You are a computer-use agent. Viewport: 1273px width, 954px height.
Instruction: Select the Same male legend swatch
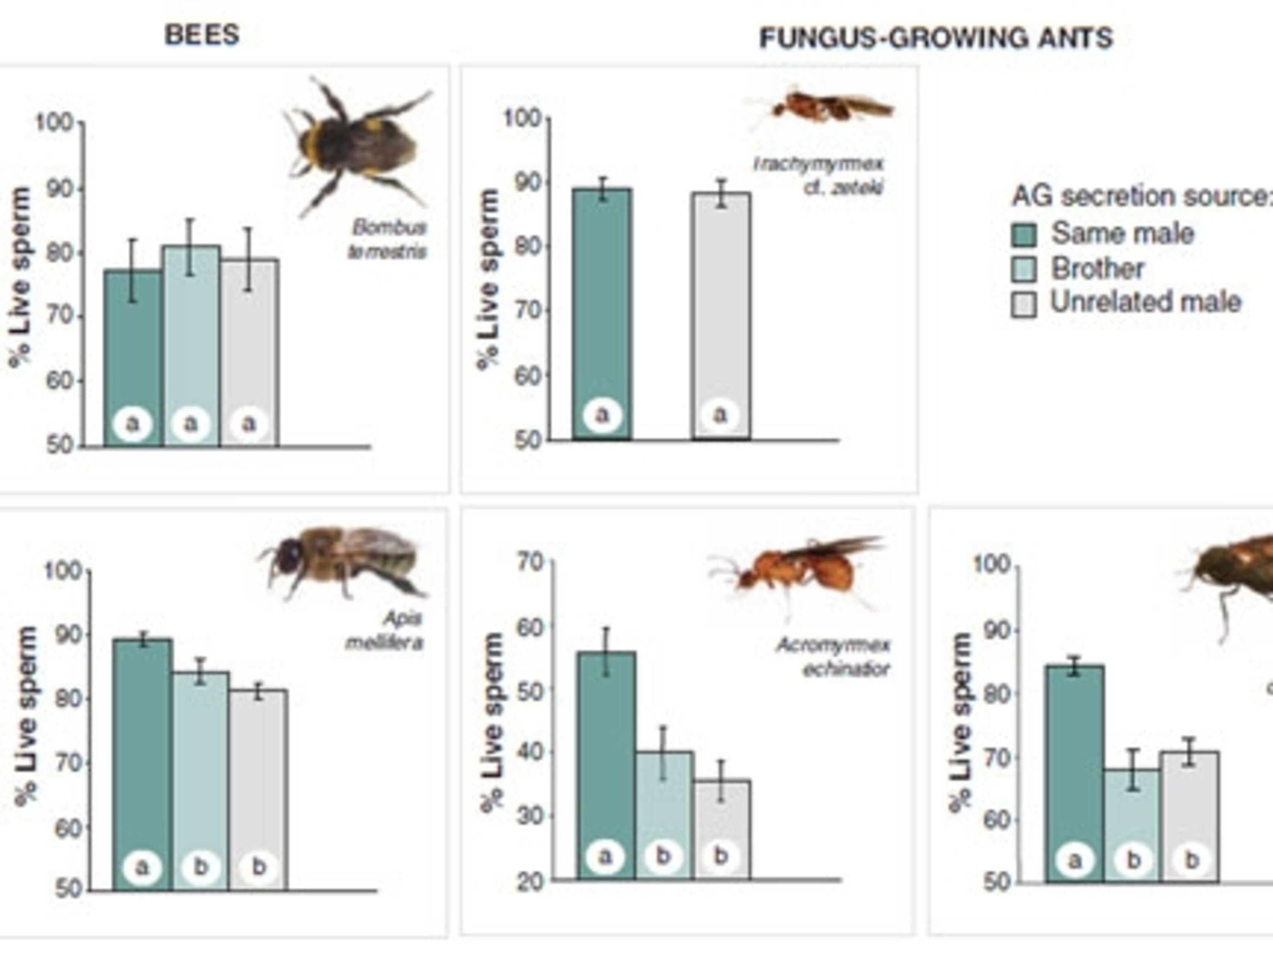pos(1024,234)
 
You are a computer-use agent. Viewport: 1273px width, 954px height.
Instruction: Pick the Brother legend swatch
pos(1024,269)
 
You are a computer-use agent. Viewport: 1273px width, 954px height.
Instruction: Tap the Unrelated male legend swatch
pos(1024,304)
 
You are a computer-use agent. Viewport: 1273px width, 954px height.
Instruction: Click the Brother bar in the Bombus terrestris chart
pos(191,345)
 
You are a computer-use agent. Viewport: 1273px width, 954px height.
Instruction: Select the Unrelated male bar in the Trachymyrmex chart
pos(721,316)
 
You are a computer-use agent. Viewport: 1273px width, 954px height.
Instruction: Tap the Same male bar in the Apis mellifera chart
pos(142,765)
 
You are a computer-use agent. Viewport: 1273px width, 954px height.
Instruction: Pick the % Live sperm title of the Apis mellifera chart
pos(26,715)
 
